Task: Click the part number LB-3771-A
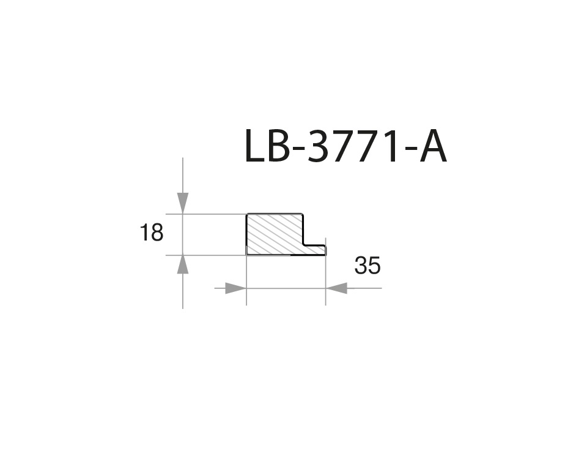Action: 345,147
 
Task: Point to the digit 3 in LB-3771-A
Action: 319,147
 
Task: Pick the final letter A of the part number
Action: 433,147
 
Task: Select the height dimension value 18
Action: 152,233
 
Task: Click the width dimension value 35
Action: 367,266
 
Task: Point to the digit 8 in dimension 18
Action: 157,233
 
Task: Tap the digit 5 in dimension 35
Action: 374,266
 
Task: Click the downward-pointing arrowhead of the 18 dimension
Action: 183,203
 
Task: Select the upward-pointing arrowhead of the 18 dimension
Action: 183,265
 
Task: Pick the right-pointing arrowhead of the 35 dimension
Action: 235,288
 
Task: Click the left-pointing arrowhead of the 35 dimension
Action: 336,288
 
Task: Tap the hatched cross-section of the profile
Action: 274,234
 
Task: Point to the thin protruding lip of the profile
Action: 314,250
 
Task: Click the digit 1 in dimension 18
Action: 145,233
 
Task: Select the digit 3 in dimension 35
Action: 361,266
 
